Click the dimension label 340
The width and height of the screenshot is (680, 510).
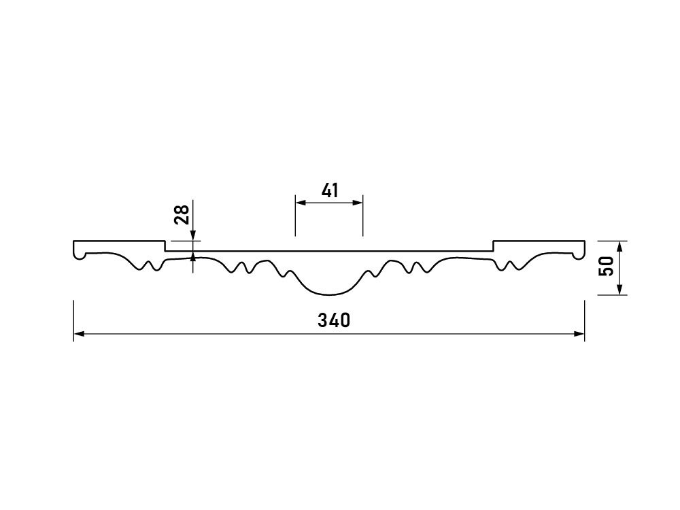(333, 320)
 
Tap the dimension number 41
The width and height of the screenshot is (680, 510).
(330, 190)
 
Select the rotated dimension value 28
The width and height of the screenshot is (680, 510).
(182, 215)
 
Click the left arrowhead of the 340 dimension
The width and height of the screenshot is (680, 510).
(79, 333)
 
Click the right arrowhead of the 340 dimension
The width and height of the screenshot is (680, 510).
(579, 333)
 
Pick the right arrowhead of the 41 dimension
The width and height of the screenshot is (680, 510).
(357, 203)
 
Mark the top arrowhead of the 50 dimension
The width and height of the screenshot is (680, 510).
(619, 246)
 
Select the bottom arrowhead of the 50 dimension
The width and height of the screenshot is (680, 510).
(619, 289)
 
